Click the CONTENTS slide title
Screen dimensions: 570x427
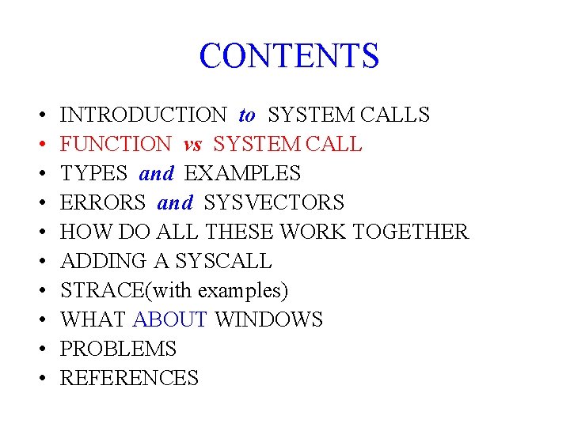coord(289,56)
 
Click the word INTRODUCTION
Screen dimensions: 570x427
coord(143,115)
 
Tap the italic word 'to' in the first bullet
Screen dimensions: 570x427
coord(247,115)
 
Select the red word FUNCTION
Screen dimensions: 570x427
coord(116,145)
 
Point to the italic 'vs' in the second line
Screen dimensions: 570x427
coord(192,145)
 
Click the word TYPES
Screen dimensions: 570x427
coord(93,174)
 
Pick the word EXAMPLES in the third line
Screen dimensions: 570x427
coord(242,174)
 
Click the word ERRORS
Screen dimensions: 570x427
coord(103,203)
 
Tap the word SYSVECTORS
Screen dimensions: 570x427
coord(274,203)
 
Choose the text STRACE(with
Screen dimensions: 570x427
coord(127,291)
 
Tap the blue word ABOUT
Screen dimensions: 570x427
coord(170,320)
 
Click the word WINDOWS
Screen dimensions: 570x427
coord(269,320)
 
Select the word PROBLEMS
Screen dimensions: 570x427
coord(118,350)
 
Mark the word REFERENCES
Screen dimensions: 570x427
coord(129,379)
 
